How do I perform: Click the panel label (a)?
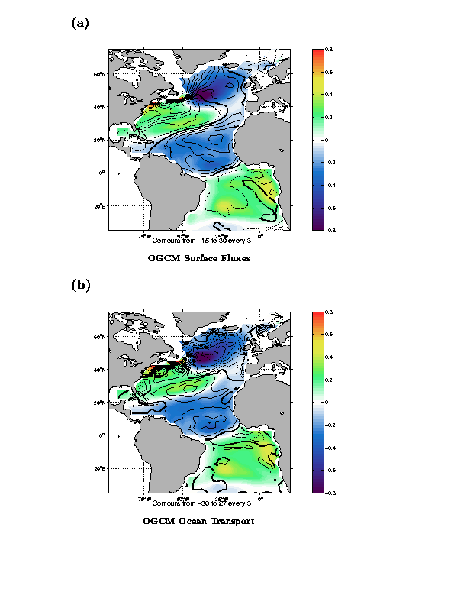(x=80, y=23)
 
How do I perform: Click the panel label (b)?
(x=80, y=285)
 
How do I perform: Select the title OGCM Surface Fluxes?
(x=199, y=258)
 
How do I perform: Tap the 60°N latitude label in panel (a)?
(x=98, y=75)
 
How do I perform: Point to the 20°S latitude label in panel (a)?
(x=98, y=206)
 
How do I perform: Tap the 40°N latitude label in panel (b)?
(x=98, y=370)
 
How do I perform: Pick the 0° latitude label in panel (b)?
(x=101, y=435)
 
